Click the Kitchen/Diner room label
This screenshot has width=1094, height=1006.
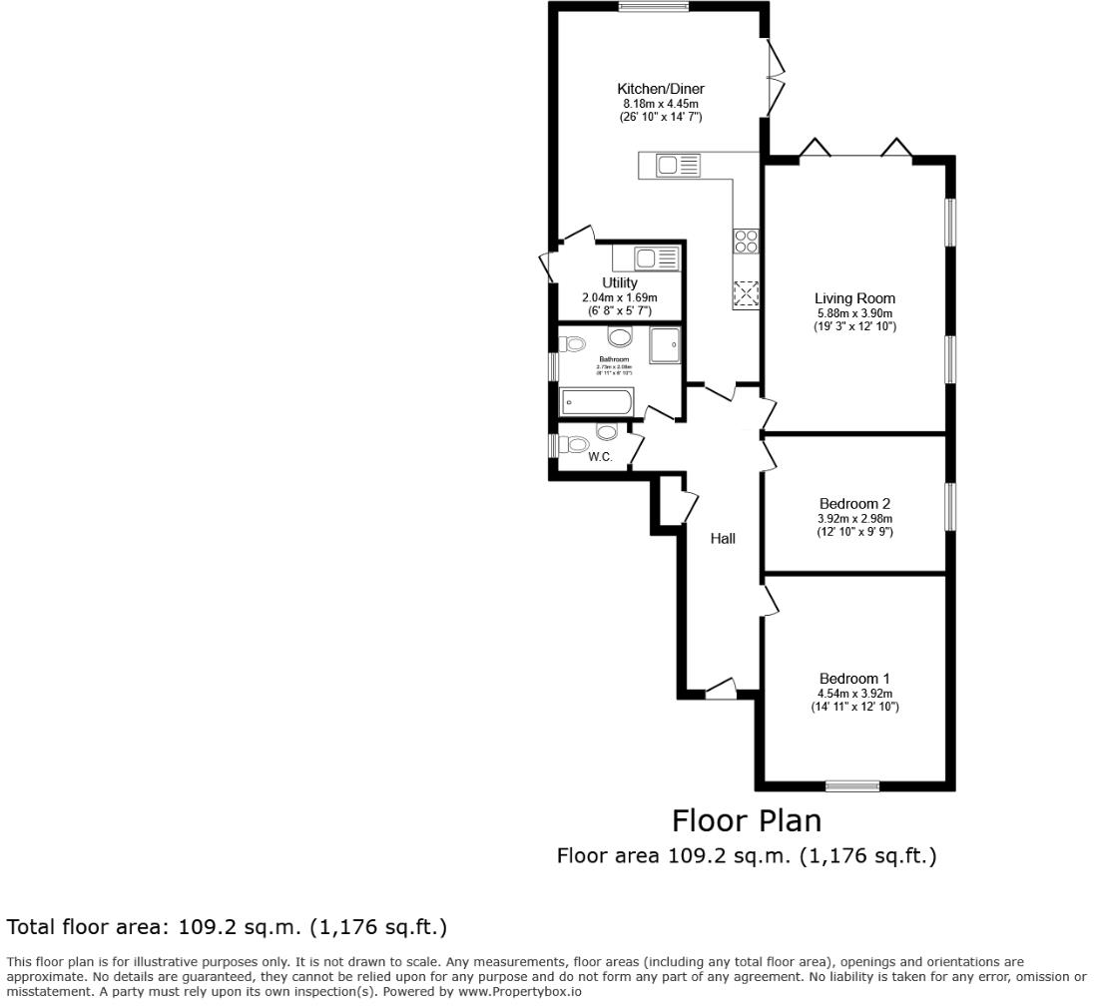pyautogui.click(x=660, y=89)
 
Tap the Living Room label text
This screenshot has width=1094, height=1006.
pyautogui.click(x=854, y=298)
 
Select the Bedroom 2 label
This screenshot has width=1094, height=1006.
pyautogui.click(x=854, y=504)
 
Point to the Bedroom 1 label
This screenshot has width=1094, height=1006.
pyautogui.click(x=854, y=679)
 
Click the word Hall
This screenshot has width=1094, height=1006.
pyautogui.click(x=723, y=539)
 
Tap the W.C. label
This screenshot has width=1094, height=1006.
pyautogui.click(x=600, y=457)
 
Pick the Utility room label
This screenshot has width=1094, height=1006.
pyautogui.click(x=619, y=283)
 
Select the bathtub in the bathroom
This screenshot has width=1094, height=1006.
pyautogui.click(x=597, y=403)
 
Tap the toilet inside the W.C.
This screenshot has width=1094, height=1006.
pyautogui.click(x=606, y=432)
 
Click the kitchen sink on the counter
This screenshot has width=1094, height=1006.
pyautogui.click(x=679, y=167)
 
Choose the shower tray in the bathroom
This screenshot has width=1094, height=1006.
pyautogui.click(x=664, y=344)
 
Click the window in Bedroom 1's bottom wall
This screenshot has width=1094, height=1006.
pyautogui.click(x=852, y=785)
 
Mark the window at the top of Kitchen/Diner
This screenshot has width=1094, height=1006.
pyautogui.click(x=653, y=7)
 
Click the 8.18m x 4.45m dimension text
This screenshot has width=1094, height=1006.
pyautogui.click(x=660, y=104)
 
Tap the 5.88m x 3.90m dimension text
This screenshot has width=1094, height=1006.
pyautogui.click(x=854, y=313)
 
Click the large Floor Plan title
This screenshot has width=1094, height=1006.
pyautogui.click(x=747, y=821)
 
